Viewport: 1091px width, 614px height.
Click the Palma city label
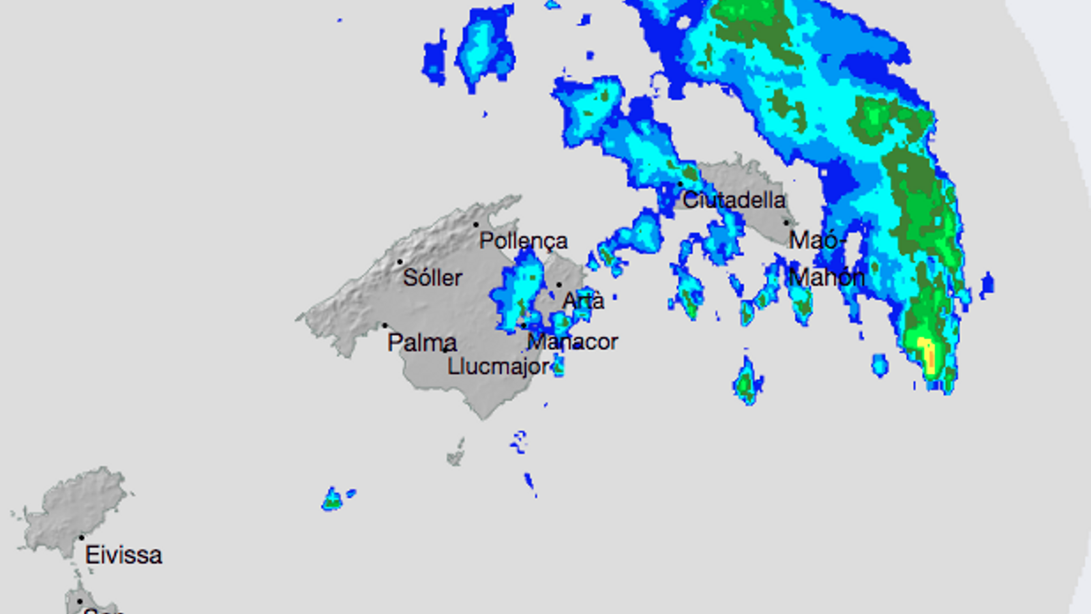(x=421, y=342)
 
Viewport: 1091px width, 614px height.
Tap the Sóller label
(x=432, y=278)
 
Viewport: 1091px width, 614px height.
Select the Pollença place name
(x=523, y=241)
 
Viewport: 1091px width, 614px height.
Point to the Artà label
(x=583, y=301)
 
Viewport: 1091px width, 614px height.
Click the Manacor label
(x=573, y=342)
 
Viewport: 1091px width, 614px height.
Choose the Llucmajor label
(x=498, y=366)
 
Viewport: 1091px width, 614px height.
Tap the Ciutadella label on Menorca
(x=734, y=201)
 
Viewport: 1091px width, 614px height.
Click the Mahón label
(x=826, y=278)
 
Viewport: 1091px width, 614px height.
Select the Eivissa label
(x=123, y=555)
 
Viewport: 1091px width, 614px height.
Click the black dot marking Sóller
(x=400, y=261)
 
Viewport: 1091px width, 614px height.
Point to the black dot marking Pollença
(x=476, y=224)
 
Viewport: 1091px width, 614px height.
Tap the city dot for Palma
(x=385, y=325)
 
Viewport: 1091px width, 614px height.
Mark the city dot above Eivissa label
(x=82, y=538)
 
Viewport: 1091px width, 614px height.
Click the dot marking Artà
(x=559, y=285)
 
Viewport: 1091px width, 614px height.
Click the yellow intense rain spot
(x=927, y=351)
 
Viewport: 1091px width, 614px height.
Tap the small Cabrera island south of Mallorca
(x=456, y=453)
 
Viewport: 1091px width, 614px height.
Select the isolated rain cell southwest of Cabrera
(x=333, y=499)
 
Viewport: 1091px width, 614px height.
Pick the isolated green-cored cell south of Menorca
(x=747, y=382)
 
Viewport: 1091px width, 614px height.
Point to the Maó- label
(x=817, y=240)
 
